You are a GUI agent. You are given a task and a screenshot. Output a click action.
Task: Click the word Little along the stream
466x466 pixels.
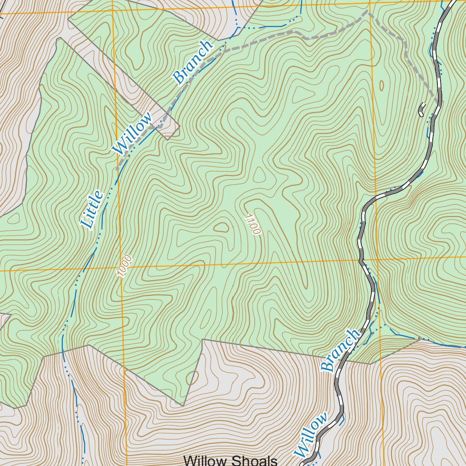pos(92,210)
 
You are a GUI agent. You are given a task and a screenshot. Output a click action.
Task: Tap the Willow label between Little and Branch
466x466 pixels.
pos(132,134)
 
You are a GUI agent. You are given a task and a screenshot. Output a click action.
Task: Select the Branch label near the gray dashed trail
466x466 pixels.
pos(192,62)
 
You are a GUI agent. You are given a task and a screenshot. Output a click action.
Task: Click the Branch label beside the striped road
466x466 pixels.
pos(340,350)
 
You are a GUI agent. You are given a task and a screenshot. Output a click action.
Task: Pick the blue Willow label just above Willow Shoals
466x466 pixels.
pos(311,435)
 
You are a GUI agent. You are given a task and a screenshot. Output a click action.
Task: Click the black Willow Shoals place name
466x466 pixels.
pos(230,461)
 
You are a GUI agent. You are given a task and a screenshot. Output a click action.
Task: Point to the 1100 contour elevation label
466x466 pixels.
pos(252,224)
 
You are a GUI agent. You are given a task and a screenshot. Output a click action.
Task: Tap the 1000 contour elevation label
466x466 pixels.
pos(124,266)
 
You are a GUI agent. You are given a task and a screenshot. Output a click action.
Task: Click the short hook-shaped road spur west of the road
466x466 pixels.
pos(421,110)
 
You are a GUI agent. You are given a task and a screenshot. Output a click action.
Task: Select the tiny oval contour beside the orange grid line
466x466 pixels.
pos(381,85)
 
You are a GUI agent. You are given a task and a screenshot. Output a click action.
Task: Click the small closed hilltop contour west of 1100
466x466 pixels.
pos(222,227)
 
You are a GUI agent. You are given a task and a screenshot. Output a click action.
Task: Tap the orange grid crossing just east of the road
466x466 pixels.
pos(376,260)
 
